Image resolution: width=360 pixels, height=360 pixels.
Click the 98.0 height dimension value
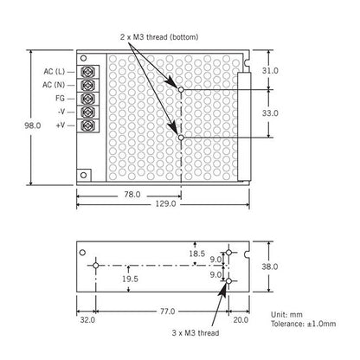(x=33, y=125)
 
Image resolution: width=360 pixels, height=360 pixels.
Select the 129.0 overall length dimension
(x=165, y=204)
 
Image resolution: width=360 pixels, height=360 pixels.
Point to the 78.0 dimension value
(x=132, y=195)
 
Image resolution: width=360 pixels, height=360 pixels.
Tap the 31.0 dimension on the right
(x=270, y=71)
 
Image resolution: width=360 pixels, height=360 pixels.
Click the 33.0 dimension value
(x=270, y=113)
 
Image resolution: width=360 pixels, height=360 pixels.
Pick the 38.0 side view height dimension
(x=270, y=267)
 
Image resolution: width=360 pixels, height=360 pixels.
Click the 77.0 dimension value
(x=168, y=312)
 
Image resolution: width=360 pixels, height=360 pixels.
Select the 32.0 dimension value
(x=87, y=320)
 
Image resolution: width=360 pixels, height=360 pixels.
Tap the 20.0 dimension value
(x=241, y=320)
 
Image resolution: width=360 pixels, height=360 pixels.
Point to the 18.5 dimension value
(x=197, y=254)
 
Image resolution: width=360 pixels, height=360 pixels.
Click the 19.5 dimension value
(x=130, y=279)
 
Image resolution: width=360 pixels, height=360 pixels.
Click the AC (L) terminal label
(x=55, y=71)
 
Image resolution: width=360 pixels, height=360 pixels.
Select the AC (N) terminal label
(x=54, y=85)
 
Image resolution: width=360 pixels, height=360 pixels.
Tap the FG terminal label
(x=60, y=99)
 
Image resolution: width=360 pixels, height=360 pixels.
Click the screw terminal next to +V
(x=88, y=125)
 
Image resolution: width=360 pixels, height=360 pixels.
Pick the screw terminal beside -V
(x=88, y=112)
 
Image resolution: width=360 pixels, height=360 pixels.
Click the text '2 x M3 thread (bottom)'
(x=159, y=37)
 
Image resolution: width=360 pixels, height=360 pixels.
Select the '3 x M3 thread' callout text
(x=196, y=333)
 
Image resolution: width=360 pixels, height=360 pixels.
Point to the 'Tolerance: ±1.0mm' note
(x=304, y=324)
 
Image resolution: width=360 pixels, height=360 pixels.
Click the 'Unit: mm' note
(x=286, y=314)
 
